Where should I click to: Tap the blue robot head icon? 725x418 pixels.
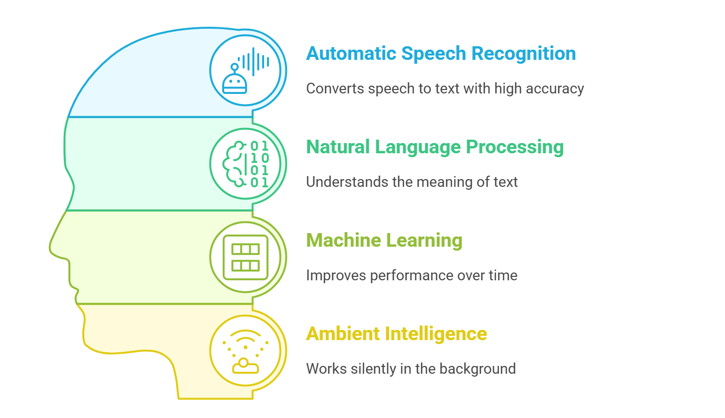point(234,83)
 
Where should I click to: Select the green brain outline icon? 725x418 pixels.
point(235,164)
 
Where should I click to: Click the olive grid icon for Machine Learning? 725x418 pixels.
point(246,257)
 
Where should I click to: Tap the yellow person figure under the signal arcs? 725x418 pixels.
point(245,366)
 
